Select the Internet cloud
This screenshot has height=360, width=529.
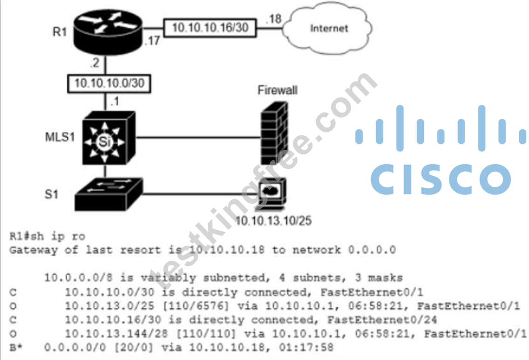click(x=327, y=28)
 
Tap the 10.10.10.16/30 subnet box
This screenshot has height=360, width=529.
click(x=210, y=28)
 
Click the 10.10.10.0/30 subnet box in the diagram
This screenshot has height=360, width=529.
click(x=110, y=83)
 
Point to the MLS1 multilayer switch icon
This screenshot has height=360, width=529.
click(x=109, y=138)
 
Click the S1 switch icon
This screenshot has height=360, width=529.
click(x=108, y=194)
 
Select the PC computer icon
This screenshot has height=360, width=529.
click(x=271, y=194)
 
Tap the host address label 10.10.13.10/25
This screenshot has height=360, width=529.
click(x=273, y=221)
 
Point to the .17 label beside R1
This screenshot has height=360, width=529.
click(x=152, y=41)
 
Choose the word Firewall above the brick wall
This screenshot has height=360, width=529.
click(x=277, y=90)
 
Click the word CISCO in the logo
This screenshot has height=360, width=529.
click(x=440, y=179)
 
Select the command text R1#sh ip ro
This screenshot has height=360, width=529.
click(x=47, y=236)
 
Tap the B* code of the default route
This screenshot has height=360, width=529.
click(x=16, y=347)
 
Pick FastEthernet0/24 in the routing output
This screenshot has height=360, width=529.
click(x=382, y=319)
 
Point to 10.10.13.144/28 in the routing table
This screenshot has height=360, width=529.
click(x=116, y=334)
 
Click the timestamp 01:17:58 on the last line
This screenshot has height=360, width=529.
click(x=306, y=347)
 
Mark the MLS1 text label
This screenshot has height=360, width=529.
click(x=60, y=137)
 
